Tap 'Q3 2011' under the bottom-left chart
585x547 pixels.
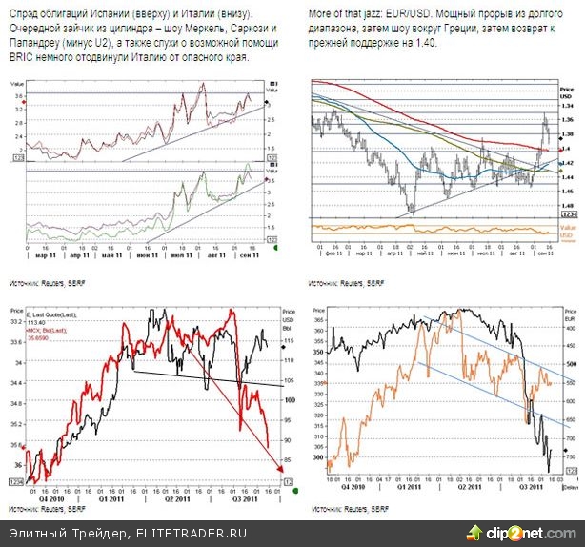(244, 497)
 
